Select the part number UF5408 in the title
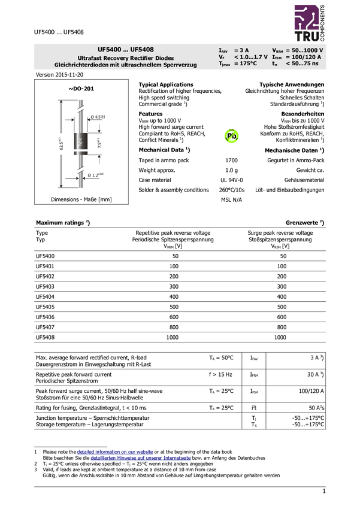[141, 49]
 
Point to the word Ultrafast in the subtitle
[91, 58]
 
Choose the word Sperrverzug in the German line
[180, 65]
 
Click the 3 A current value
[242, 50]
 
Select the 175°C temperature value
[246, 63]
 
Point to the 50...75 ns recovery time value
[302, 63]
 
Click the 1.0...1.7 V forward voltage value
[250, 57]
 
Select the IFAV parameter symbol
[223, 51]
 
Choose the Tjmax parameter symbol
[224, 64]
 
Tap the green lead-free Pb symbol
[231, 136]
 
